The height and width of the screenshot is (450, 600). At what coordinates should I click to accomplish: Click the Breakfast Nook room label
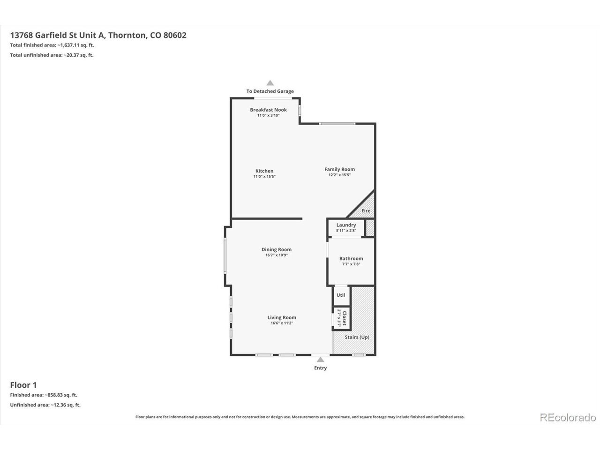(268, 110)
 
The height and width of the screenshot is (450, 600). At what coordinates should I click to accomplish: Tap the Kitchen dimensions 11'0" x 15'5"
(264, 177)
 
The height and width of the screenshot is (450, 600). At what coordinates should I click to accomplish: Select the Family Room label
(339, 169)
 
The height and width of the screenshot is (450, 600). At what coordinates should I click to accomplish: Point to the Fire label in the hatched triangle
(366, 210)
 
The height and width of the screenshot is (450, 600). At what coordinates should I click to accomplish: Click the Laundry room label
(346, 225)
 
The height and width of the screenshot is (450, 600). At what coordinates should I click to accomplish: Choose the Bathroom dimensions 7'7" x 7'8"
(351, 264)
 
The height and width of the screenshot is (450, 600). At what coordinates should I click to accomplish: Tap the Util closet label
(341, 295)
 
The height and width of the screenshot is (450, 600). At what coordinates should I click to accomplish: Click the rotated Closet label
(345, 318)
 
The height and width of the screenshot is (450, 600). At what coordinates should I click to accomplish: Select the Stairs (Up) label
(357, 337)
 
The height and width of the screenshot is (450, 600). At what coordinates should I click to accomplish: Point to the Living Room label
(282, 317)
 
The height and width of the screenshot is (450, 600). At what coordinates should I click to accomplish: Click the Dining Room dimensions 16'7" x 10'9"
(277, 255)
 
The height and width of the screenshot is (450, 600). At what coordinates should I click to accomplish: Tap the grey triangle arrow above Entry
(320, 359)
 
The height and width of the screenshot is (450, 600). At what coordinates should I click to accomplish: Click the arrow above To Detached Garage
(270, 83)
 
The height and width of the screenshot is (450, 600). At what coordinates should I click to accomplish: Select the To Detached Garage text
(270, 91)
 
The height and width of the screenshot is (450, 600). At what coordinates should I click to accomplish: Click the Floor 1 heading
(23, 385)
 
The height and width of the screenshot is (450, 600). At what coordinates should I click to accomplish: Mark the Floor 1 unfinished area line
(45, 405)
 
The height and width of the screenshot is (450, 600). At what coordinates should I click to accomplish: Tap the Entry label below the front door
(320, 368)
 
